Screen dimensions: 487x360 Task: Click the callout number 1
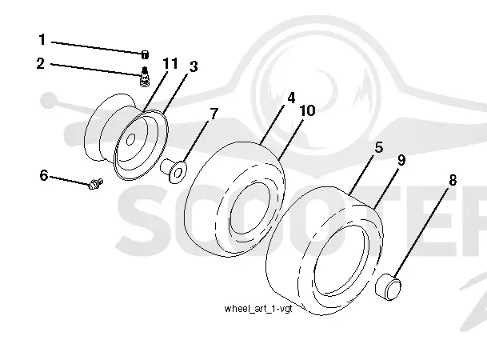[42, 40]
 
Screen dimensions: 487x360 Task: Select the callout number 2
[41, 63]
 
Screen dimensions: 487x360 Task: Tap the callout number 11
[170, 63]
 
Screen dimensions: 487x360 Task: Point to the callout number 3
[194, 66]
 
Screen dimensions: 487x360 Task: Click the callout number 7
[214, 114]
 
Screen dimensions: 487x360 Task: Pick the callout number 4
[291, 98]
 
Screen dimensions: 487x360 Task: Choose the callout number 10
[308, 110]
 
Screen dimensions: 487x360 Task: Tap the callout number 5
[379, 147]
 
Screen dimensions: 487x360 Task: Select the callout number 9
[401, 160]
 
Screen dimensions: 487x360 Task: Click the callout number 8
[453, 180]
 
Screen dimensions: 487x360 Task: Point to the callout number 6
[44, 175]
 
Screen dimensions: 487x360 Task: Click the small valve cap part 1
[145, 55]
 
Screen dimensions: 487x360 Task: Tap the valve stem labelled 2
[145, 77]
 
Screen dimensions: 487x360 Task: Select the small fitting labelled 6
[94, 183]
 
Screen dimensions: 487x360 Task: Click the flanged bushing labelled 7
[174, 170]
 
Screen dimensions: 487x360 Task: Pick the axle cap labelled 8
[388, 286]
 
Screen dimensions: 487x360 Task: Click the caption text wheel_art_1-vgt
[258, 309]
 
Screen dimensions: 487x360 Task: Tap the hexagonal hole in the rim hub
[131, 139]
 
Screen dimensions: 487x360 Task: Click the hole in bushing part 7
[179, 171]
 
